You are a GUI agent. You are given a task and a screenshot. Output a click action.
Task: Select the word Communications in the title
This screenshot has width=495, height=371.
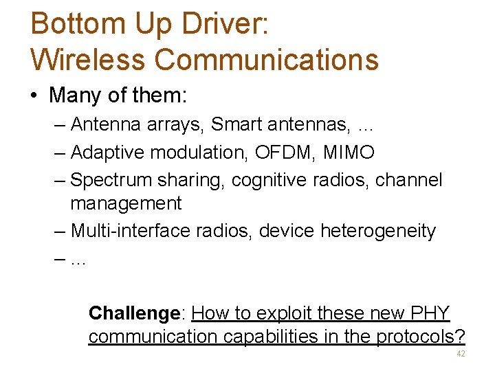point(267,59)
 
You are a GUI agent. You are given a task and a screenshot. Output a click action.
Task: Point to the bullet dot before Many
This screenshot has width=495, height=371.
point(34,95)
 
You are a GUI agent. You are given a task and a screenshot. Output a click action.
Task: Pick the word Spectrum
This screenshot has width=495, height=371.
point(112,180)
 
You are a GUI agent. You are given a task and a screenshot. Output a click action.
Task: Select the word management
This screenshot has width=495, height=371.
point(126,203)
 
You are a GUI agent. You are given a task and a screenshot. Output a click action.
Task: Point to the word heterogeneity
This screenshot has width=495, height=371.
point(378,231)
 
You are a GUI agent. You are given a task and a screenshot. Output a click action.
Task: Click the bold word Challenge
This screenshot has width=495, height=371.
point(133,313)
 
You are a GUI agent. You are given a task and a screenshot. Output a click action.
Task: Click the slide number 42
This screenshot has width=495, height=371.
point(460,354)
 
